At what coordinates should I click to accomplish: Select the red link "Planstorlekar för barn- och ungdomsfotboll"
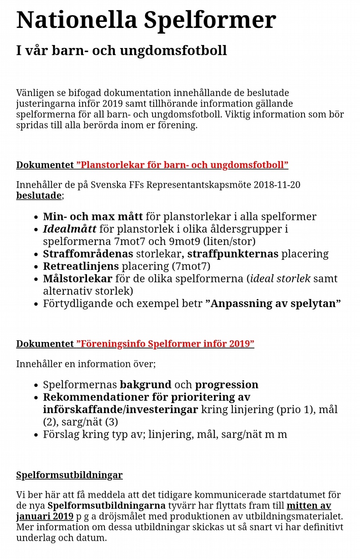182,165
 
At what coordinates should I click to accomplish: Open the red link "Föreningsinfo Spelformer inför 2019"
165,344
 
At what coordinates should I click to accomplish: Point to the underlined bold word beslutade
39,195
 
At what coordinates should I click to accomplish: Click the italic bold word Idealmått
69,229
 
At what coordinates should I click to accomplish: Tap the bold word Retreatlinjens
80,266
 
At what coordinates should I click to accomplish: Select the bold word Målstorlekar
77,279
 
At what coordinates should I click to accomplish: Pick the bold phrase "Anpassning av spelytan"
273,304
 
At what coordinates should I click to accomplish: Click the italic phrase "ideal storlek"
280,279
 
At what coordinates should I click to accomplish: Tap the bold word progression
226,385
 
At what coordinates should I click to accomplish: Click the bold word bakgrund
145,385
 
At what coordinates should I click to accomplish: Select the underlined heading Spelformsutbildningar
69,475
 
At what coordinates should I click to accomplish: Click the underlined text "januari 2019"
45,517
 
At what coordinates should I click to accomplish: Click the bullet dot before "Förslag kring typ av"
36,435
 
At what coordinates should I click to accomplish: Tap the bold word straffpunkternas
233,254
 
